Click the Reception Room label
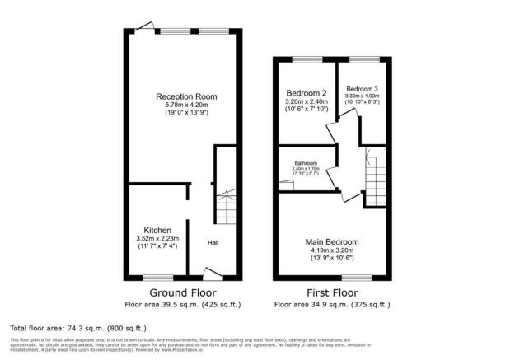coord(184,96)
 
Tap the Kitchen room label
coord(157,229)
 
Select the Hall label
coord(213,243)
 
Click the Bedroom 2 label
coord(306,92)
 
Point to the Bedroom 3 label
coord(363,89)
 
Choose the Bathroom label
coord(306,161)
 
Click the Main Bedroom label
coord(332,241)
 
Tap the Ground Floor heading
coord(182,292)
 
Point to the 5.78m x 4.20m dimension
coord(184,105)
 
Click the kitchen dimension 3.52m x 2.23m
coord(157,238)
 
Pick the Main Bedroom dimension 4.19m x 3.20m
coord(332,250)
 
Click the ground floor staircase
coord(227,206)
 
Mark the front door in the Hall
coord(212,273)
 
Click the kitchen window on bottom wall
coord(157,278)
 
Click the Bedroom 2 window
coord(307,58)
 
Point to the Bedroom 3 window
coord(363,58)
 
